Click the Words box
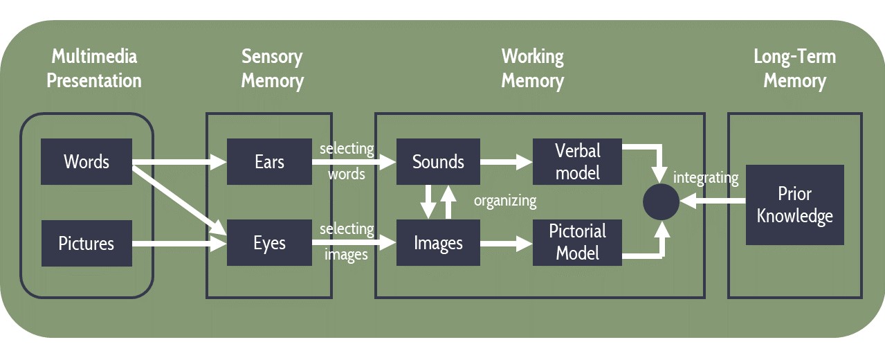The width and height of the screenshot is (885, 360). (x=86, y=162)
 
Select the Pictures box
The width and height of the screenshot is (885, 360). (x=86, y=244)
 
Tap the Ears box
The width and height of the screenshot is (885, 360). (x=269, y=162)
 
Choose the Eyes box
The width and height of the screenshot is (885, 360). (x=269, y=244)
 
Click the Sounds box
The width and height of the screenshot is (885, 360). (x=438, y=162)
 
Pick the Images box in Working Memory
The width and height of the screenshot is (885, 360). (x=438, y=244)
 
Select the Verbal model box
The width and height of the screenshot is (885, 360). (x=578, y=162)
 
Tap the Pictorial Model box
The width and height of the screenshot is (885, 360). (x=578, y=242)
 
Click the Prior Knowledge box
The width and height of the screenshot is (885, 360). (x=794, y=205)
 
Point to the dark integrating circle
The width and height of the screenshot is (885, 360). (x=661, y=202)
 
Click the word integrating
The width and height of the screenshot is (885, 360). (x=706, y=178)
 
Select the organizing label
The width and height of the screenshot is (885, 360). (x=505, y=201)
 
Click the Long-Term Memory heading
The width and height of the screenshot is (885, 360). (x=794, y=68)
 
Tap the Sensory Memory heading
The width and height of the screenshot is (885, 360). (x=272, y=68)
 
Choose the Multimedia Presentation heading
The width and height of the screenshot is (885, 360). (x=94, y=68)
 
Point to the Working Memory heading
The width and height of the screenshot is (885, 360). (x=532, y=68)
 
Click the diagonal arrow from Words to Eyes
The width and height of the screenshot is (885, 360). (x=180, y=196)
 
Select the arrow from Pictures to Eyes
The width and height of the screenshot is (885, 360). (x=180, y=244)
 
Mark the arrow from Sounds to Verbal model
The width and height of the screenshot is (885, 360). (x=506, y=162)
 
